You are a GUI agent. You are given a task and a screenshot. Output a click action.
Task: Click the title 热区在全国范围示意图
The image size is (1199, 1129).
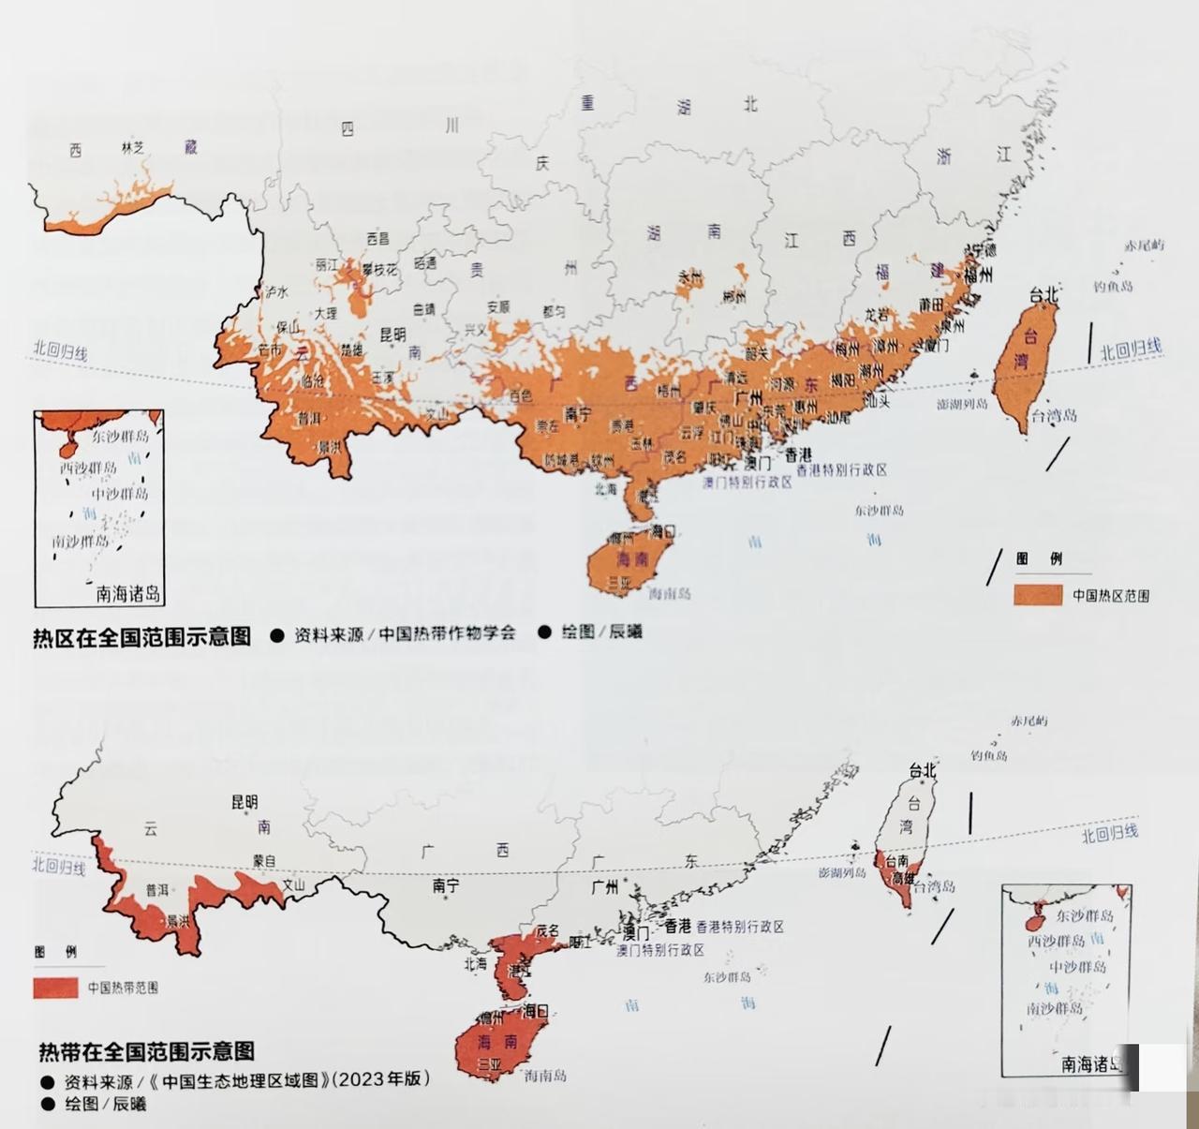coord(141,637)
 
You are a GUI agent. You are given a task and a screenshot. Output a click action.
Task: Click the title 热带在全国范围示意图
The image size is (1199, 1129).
coord(146,1050)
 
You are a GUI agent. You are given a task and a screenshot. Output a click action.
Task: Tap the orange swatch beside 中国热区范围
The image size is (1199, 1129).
coord(1037,595)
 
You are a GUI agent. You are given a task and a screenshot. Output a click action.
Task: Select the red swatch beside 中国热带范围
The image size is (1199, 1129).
coord(55,988)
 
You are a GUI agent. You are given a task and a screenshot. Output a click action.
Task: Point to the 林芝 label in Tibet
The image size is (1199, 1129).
coord(132,147)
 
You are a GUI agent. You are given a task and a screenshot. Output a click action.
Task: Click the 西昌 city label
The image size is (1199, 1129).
coord(377,239)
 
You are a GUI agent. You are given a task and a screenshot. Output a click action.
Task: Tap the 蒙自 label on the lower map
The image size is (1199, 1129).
coord(265,860)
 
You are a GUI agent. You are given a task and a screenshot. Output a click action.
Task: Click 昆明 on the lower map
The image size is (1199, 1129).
coord(244,802)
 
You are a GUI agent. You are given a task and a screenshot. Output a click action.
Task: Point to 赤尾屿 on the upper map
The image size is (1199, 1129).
coord(1145,245)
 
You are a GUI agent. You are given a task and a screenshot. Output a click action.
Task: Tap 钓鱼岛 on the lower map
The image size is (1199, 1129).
coord(988,755)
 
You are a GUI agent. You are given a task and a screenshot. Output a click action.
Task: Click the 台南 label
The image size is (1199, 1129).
coord(896,860)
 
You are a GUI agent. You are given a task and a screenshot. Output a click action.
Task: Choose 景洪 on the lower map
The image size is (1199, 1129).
coord(177,921)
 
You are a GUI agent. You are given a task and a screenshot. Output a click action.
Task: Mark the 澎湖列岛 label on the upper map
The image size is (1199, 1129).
coord(961,404)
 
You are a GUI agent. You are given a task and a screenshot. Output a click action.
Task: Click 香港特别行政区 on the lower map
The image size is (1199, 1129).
coord(739,927)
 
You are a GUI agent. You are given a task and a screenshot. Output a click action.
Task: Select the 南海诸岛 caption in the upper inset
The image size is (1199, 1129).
coord(128,593)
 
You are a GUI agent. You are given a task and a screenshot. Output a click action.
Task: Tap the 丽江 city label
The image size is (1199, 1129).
coord(327,265)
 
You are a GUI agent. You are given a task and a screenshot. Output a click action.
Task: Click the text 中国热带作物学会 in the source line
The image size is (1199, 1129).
coord(447,633)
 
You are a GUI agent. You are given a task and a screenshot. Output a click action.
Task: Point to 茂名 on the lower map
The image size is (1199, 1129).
coord(546,930)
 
